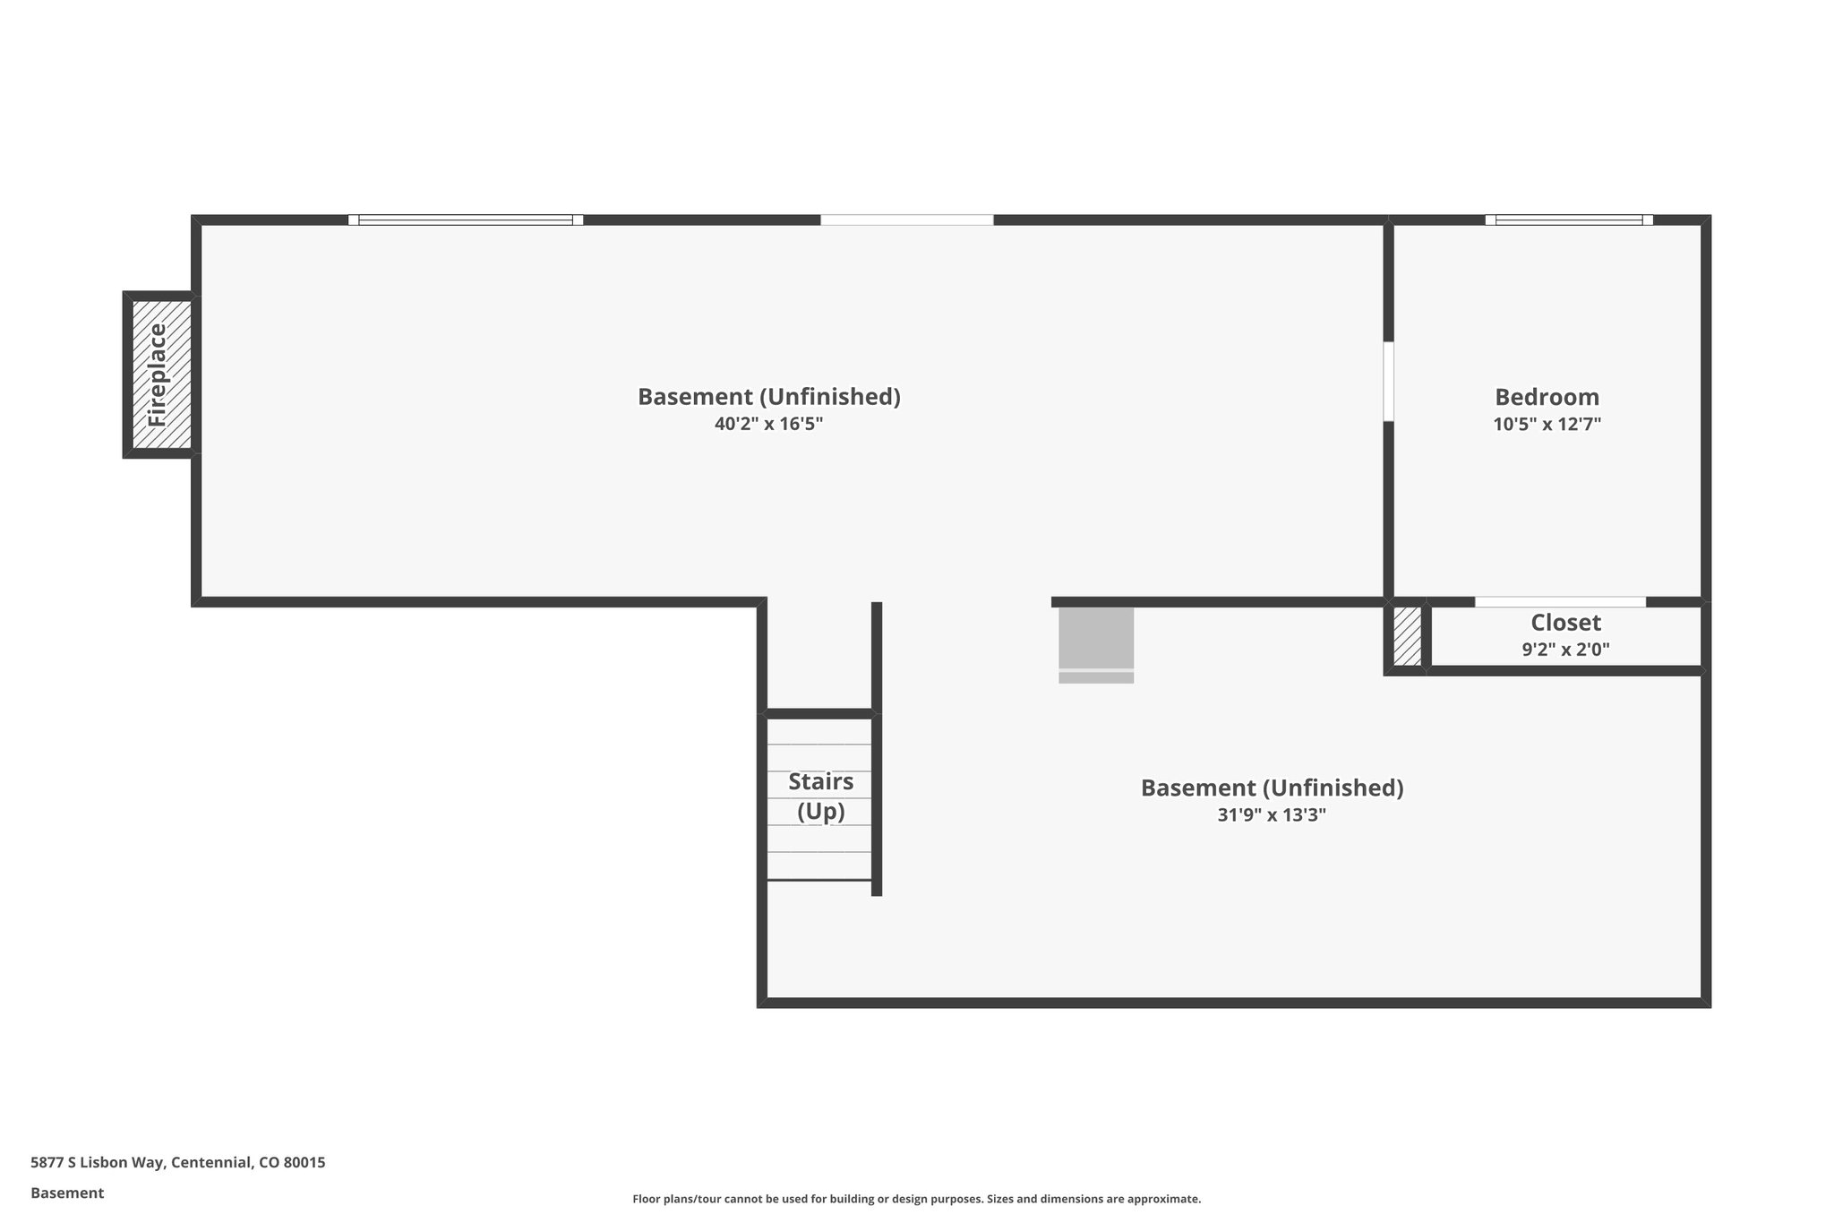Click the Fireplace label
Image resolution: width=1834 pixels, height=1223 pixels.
pos(158,375)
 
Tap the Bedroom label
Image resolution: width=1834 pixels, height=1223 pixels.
pos(1547,397)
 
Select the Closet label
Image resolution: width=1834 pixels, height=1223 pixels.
pos(1565,623)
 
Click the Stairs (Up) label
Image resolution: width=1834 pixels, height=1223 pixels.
pos(821,796)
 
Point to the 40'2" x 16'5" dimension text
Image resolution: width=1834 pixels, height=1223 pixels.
pos(768,424)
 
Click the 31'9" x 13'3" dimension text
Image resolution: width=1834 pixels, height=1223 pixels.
pos(1272,815)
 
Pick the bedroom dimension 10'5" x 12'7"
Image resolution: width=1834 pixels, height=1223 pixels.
pos(1547,424)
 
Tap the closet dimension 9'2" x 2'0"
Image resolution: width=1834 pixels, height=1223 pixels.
pos(1565,650)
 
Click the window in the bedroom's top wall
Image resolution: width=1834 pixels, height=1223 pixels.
pos(1569,220)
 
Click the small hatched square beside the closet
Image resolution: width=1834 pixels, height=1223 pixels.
pos(1407,637)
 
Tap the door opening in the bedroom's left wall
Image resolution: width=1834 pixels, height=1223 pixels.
pos(1388,382)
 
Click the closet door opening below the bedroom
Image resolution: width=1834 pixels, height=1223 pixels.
pos(1560,602)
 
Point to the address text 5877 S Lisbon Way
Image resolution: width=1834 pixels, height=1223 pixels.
pos(178,1162)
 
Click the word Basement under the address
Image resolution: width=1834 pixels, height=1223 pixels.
pos(67,1193)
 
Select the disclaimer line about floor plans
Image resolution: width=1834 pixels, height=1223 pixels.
pos(916,1199)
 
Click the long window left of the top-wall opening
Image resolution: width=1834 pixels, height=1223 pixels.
pos(466,220)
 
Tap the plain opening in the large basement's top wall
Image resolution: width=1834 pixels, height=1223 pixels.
pos(906,220)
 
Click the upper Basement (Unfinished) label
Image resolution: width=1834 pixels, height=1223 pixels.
pos(768,397)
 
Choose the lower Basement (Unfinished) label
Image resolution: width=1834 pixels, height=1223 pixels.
pos(1272,788)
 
